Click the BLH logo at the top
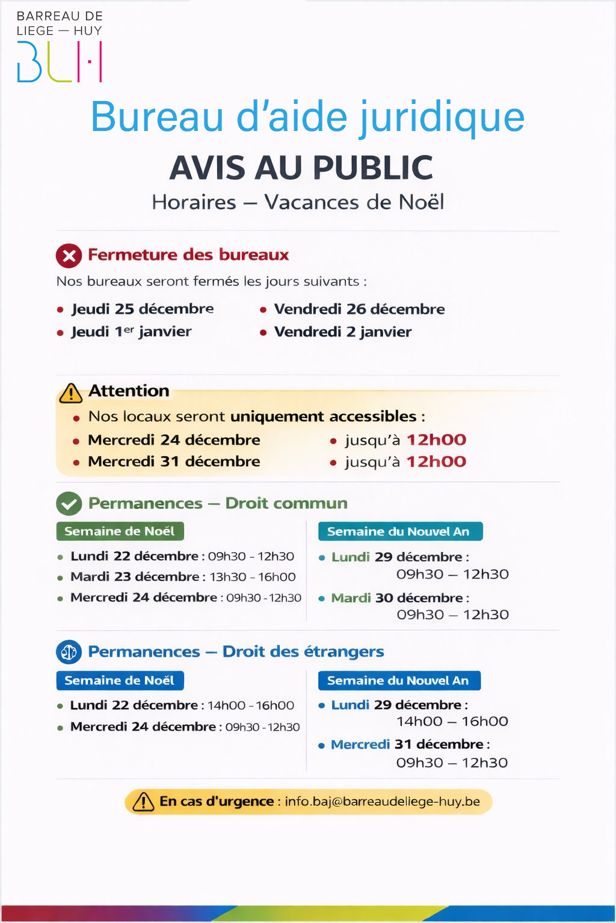(x=60, y=61)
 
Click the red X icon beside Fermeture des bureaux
(x=69, y=256)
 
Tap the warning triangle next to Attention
(x=71, y=393)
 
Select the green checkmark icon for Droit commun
(x=69, y=504)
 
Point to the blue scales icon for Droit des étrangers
(x=69, y=652)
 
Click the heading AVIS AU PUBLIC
(x=301, y=168)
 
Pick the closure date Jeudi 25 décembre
(x=142, y=309)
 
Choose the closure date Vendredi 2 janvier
(x=342, y=332)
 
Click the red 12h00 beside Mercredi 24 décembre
(x=436, y=440)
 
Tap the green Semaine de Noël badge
(x=120, y=531)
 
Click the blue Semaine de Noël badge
(x=120, y=680)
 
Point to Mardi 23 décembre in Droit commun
(x=135, y=577)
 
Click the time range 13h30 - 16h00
(x=253, y=577)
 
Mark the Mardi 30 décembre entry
(x=397, y=598)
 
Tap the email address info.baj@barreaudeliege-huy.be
(x=382, y=802)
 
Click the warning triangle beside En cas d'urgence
(x=143, y=802)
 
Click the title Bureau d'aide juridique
(x=307, y=117)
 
